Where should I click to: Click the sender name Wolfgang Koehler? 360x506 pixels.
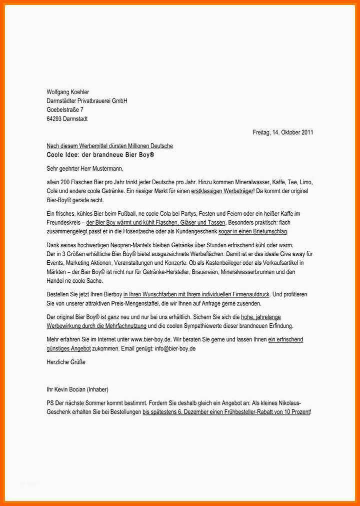[x=67, y=92]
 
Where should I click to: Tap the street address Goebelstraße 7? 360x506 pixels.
[x=65, y=110]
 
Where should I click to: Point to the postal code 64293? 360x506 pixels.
[x=54, y=119]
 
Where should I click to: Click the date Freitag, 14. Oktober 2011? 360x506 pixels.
[x=283, y=133]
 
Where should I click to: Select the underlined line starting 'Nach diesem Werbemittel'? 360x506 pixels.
[x=109, y=146]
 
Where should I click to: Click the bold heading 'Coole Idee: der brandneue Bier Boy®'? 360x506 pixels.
[x=100, y=155]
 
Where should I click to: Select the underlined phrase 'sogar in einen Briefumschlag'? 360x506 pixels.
[x=252, y=232]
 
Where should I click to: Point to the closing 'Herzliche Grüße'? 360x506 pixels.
[x=66, y=362]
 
